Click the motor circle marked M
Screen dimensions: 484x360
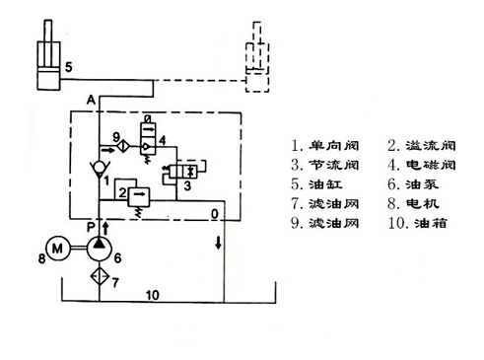pyautogui.click(x=58, y=249)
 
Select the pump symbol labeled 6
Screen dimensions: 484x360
pyautogui.click(x=99, y=248)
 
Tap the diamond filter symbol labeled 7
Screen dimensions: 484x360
pyautogui.click(x=100, y=276)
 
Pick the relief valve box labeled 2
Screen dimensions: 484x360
pyautogui.click(x=138, y=197)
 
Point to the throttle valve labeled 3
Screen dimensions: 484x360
pyautogui.click(x=182, y=172)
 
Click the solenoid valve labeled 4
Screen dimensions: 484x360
pyautogui.click(x=148, y=138)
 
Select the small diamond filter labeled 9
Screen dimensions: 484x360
pyautogui.click(x=124, y=146)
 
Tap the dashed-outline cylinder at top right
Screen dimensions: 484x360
pyautogui.click(x=257, y=57)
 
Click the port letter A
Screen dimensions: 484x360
pyautogui.click(x=91, y=100)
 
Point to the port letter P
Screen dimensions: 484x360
pyautogui.click(x=91, y=227)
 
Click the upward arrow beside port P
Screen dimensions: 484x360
pyautogui.click(x=105, y=228)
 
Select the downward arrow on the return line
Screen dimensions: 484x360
pyautogui.click(x=218, y=243)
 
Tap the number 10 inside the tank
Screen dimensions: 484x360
pyautogui.click(x=153, y=295)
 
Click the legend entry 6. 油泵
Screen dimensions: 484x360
pyautogui.click(x=413, y=184)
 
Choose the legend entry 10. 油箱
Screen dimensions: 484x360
pyautogui.click(x=417, y=223)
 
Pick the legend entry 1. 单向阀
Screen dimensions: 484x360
pyautogui.click(x=324, y=145)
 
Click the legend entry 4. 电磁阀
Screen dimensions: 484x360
pyautogui.click(x=422, y=165)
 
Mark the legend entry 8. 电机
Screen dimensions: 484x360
pyautogui.click(x=413, y=204)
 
